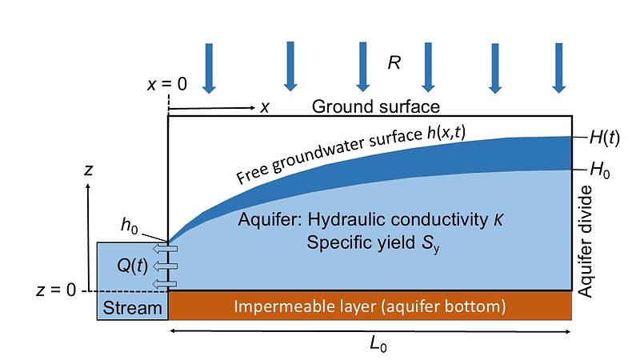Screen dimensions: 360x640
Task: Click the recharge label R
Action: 394,64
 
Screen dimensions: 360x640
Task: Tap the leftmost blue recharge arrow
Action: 209,67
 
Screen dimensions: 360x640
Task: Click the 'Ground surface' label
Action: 376,106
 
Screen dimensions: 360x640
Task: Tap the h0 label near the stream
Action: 130,226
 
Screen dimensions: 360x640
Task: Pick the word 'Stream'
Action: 132,307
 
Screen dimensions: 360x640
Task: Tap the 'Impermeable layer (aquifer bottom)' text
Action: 370,306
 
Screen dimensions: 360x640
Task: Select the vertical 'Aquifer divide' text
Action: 586,242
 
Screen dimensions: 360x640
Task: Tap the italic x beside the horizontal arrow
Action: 264,107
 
